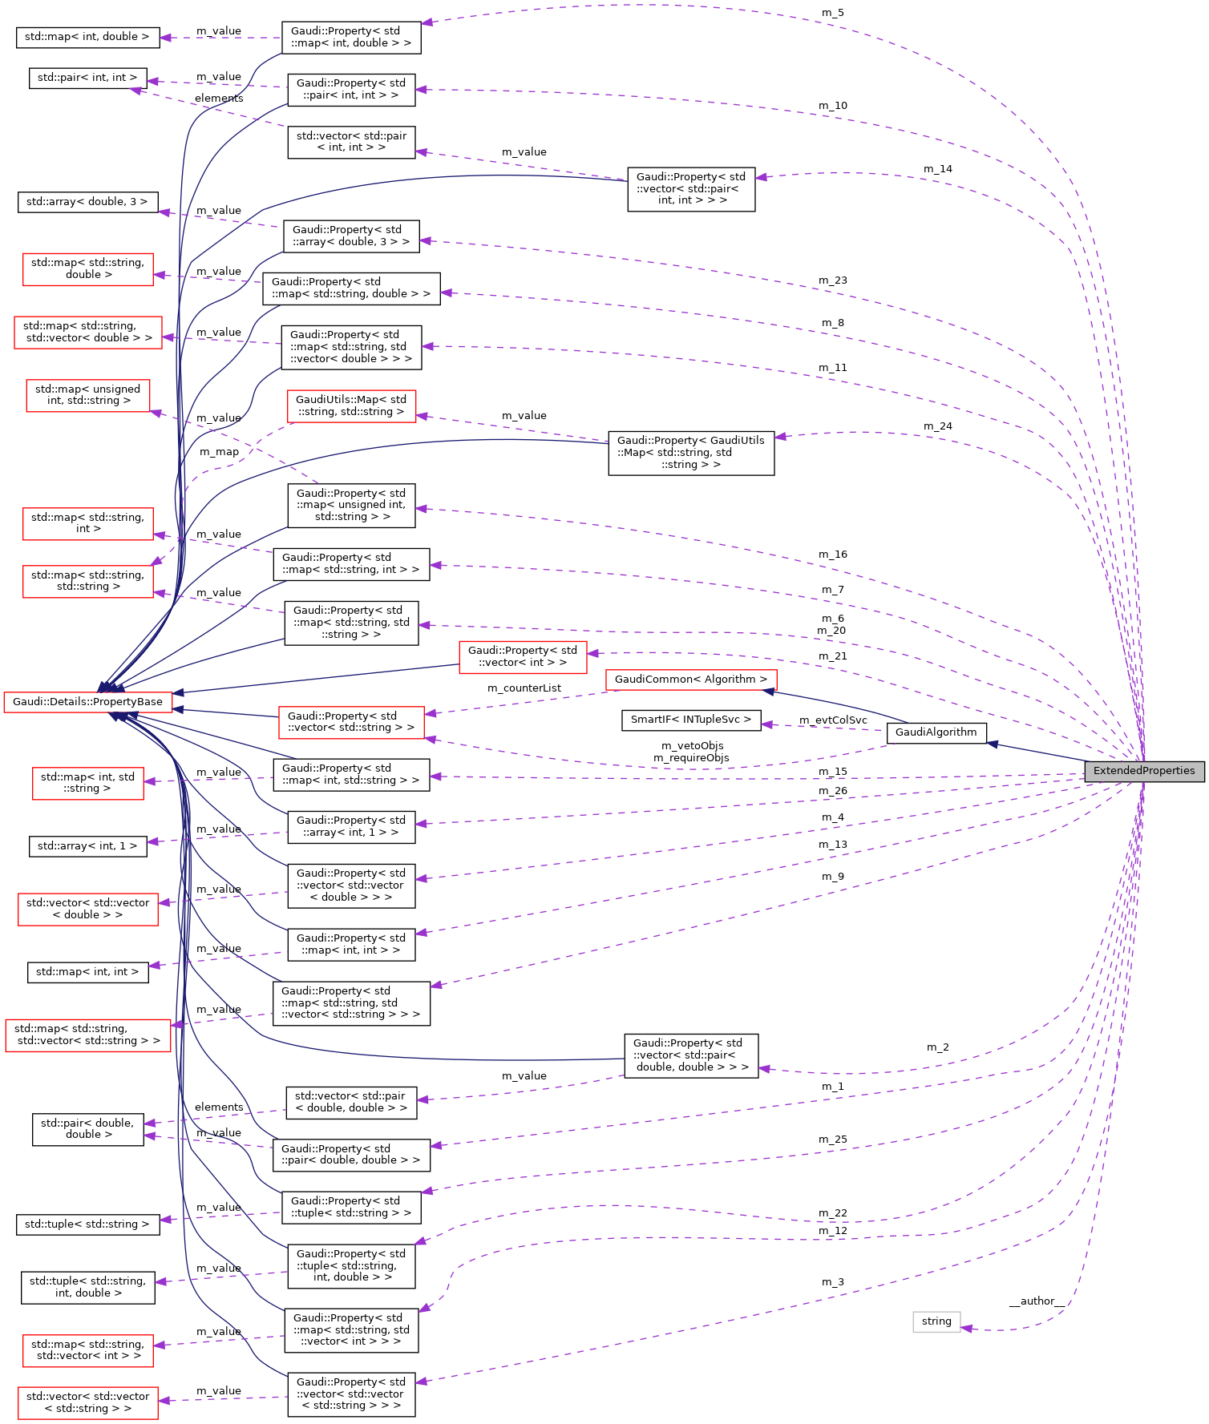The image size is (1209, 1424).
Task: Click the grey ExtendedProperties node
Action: [x=1144, y=771]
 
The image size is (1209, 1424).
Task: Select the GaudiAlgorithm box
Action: [x=936, y=732]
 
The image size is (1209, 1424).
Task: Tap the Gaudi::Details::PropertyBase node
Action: [x=87, y=702]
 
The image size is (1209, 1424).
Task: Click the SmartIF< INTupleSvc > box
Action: [x=690, y=720]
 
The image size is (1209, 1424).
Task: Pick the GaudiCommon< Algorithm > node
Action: [x=690, y=680]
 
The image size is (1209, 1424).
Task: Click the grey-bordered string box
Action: [x=936, y=1321]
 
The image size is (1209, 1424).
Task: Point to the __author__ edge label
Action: [x=1036, y=1301]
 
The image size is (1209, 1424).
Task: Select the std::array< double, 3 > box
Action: [x=87, y=202]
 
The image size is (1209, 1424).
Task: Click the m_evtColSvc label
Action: [x=833, y=720]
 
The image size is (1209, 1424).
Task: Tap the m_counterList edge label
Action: [x=524, y=688]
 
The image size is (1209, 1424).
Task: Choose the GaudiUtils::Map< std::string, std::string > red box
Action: [x=351, y=406]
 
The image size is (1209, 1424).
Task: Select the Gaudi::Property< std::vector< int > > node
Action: [x=522, y=656]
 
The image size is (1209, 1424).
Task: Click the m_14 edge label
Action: [x=937, y=169]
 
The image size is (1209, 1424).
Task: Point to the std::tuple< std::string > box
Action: [x=87, y=1224]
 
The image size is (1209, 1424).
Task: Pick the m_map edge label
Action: [x=219, y=452]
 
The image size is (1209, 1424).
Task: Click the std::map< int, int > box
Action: [x=87, y=972]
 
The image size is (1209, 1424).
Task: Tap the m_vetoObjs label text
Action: [x=692, y=746]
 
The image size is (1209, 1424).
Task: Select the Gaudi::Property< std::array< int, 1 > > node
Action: [x=351, y=827]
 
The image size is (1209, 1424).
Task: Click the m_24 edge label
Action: [x=937, y=426]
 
